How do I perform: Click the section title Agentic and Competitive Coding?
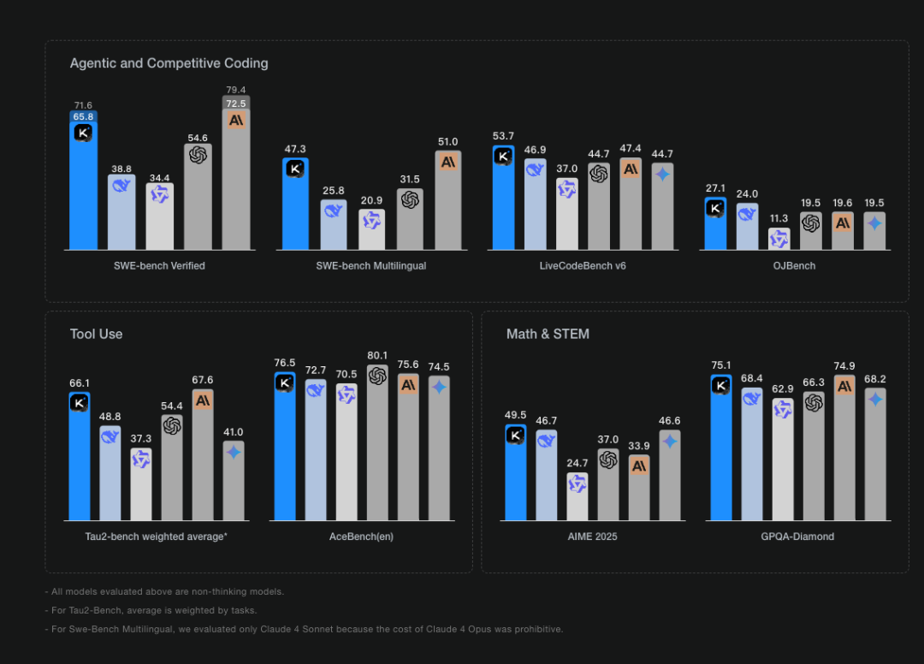(169, 63)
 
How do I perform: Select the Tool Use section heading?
(96, 334)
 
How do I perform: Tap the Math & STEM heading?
(548, 334)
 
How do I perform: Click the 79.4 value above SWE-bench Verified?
(236, 90)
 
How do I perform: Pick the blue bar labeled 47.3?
(295, 205)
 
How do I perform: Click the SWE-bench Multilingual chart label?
(370, 266)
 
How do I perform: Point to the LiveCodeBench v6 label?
(583, 266)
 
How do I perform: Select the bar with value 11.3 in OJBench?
(779, 240)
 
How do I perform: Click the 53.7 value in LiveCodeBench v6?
(503, 136)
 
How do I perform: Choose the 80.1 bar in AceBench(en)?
(377, 445)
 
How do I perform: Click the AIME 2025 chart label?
(592, 537)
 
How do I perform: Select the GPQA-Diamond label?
(798, 537)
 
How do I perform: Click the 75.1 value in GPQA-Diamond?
(721, 365)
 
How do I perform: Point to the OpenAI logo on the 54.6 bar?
(198, 155)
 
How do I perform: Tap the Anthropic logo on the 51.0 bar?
(447, 161)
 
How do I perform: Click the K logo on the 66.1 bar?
(80, 402)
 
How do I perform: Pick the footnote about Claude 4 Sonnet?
(305, 629)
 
